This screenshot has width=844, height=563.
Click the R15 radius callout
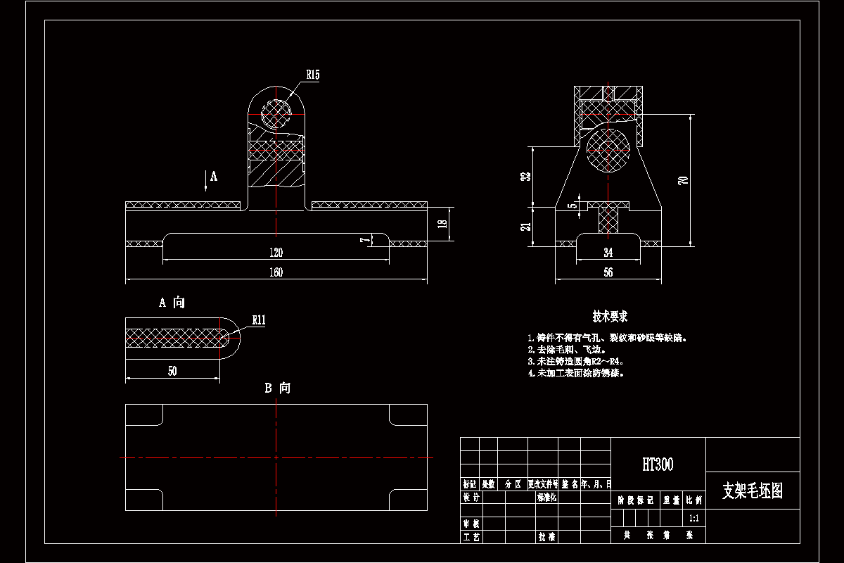click(x=313, y=74)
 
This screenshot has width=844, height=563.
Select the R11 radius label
click(x=259, y=320)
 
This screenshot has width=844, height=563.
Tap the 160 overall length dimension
click(x=276, y=273)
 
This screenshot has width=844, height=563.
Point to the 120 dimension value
click(x=276, y=253)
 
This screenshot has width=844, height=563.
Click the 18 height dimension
click(x=442, y=224)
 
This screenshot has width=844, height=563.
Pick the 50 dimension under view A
click(x=172, y=372)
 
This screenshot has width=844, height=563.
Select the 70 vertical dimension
click(x=682, y=180)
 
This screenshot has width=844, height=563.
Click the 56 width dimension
click(x=608, y=272)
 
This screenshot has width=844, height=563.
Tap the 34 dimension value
click(x=608, y=253)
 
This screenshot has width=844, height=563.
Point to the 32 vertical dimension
click(x=524, y=177)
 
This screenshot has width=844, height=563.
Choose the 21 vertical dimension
click(x=524, y=226)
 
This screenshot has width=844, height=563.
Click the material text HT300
click(x=658, y=464)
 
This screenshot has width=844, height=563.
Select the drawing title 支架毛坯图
click(x=752, y=491)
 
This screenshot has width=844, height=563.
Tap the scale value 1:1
click(x=694, y=518)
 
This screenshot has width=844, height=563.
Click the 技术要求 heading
click(x=609, y=317)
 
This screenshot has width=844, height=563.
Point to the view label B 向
click(x=277, y=388)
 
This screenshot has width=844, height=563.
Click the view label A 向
click(x=172, y=303)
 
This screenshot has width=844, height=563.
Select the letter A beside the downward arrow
click(x=214, y=177)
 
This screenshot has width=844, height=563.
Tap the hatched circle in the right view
click(x=608, y=149)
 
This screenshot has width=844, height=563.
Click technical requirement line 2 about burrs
click(x=566, y=349)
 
